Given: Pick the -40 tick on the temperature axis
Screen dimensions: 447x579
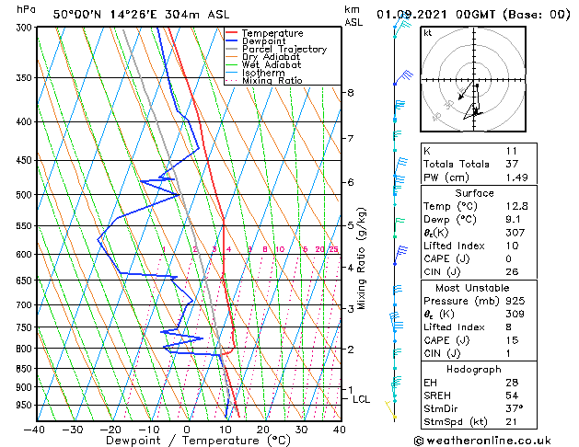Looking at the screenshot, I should coord(35,429).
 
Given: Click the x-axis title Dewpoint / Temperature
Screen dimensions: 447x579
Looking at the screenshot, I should coord(187,441).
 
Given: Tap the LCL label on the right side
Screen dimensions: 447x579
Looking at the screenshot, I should coord(361,399).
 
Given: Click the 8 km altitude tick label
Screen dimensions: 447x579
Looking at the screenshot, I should coord(351,93).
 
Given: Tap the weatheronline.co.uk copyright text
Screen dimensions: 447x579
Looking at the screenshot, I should coord(497,441).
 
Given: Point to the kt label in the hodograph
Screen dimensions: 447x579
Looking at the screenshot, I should coord(427,32).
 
